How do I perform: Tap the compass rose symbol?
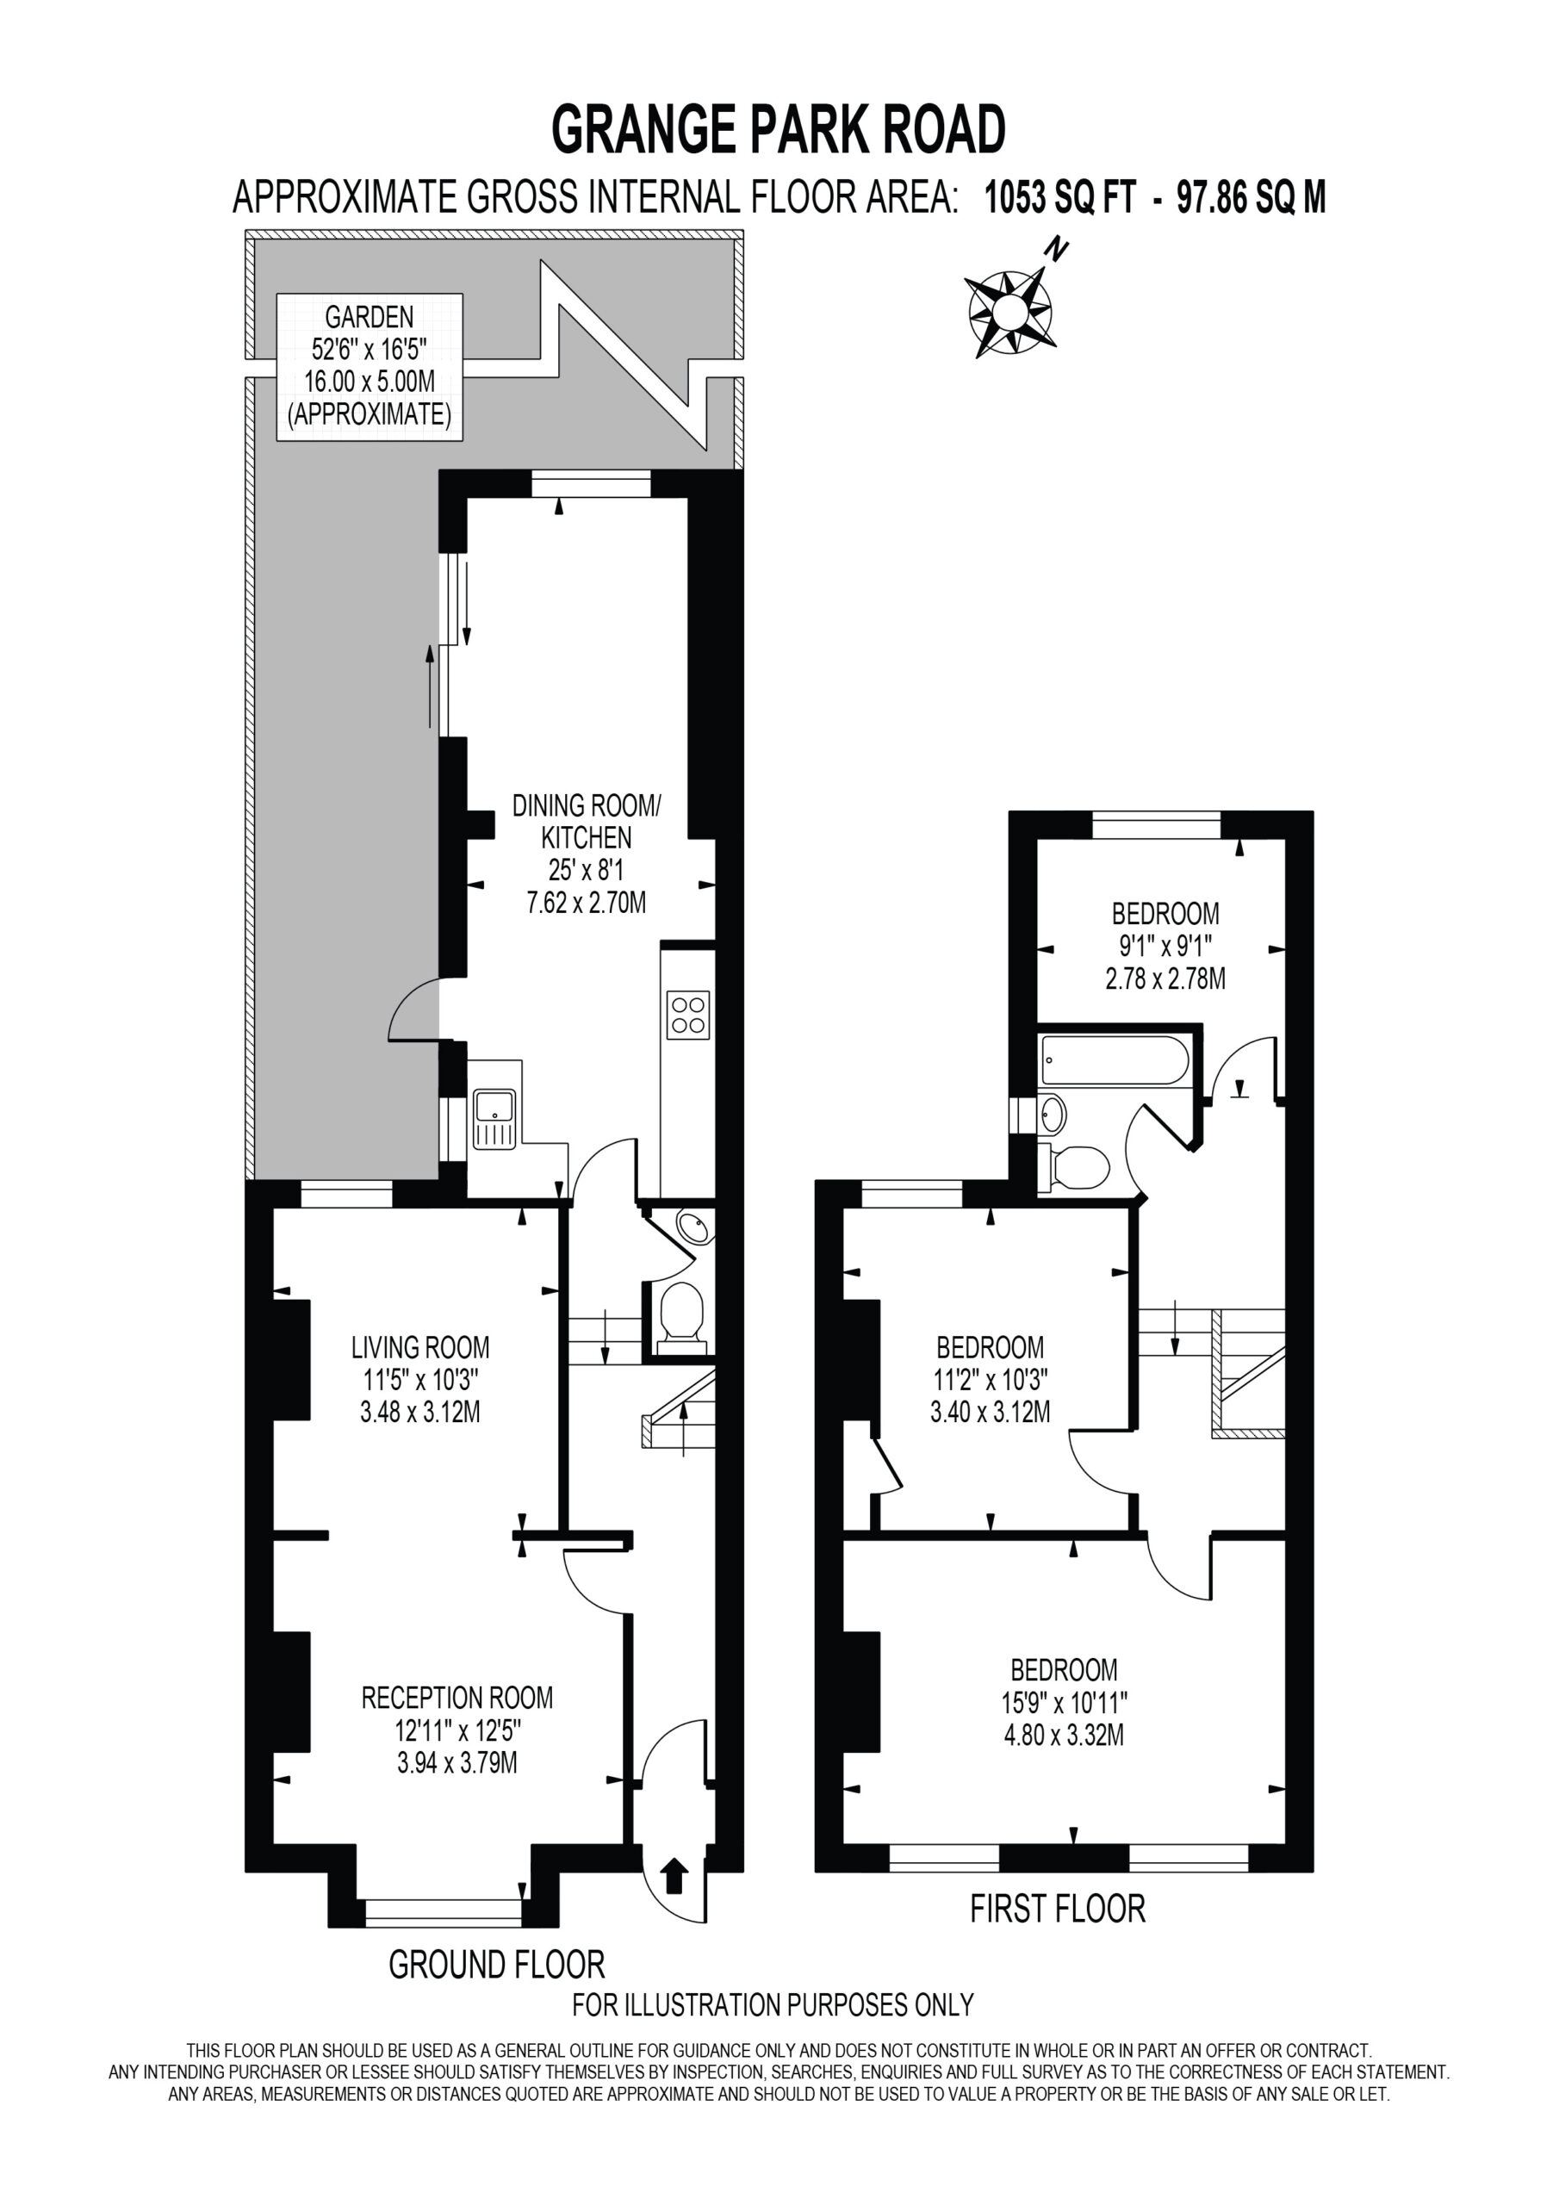1009,311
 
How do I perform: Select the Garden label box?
370,367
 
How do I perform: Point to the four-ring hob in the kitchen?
687,1016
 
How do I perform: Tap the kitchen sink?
494,1120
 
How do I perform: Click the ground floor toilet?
683,1313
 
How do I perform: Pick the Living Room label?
420,1379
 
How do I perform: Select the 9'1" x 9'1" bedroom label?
1165,946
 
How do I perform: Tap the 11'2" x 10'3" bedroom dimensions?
991,1395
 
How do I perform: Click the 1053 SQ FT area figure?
1059,198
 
